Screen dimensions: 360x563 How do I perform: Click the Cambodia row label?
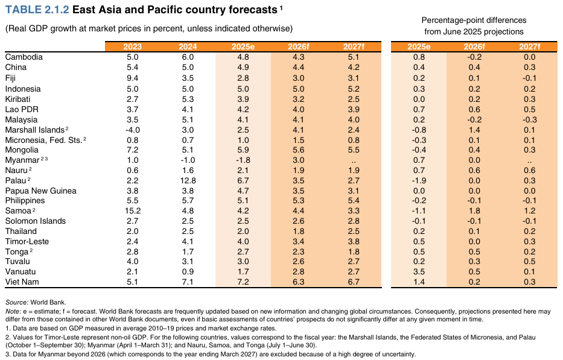[x=24, y=57]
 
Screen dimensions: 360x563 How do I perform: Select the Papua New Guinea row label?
[x=40, y=191]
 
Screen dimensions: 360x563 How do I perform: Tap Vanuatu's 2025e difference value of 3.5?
[x=419, y=272]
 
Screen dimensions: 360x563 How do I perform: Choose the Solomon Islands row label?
[x=35, y=221]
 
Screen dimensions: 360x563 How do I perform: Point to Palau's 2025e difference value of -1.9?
[x=419, y=180]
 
